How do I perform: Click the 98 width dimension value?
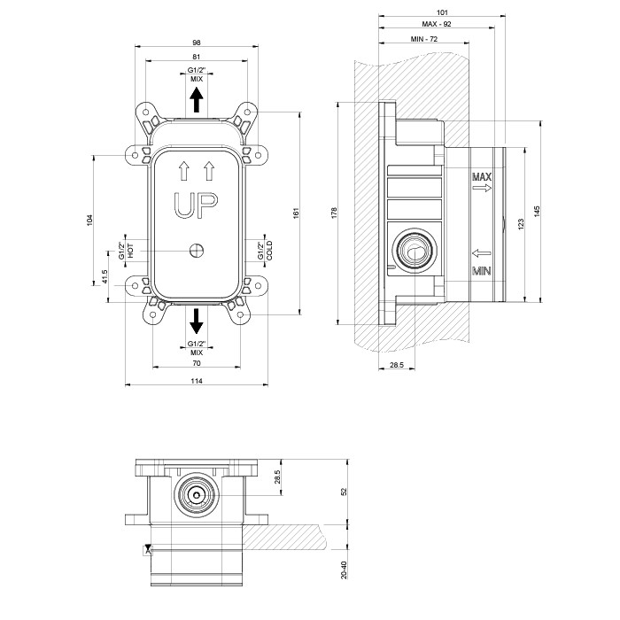pos(197,43)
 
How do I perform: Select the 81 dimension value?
pos(197,57)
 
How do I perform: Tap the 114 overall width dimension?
pos(197,381)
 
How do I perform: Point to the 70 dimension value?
pos(197,363)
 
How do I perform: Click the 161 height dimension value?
pos(297,213)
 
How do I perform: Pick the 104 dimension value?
pos(89,221)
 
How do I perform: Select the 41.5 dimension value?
pos(105,276)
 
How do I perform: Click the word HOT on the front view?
pos(130,251)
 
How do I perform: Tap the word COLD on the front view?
pos(269,251)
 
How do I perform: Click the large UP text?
pos(196,205)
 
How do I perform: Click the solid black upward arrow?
pos(197,100)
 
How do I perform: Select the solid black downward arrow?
pos(197,321)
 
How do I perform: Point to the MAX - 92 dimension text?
pos(437,24)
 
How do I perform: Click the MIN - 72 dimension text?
pos(424,39)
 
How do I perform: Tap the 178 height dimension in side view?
pos(335,213)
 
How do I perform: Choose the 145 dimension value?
pos(537,211)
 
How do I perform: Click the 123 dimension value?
pos(521,224)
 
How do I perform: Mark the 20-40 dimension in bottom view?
pos(344,570)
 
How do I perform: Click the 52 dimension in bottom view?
pos(344,492)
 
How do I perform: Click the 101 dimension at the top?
pos(442,12)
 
